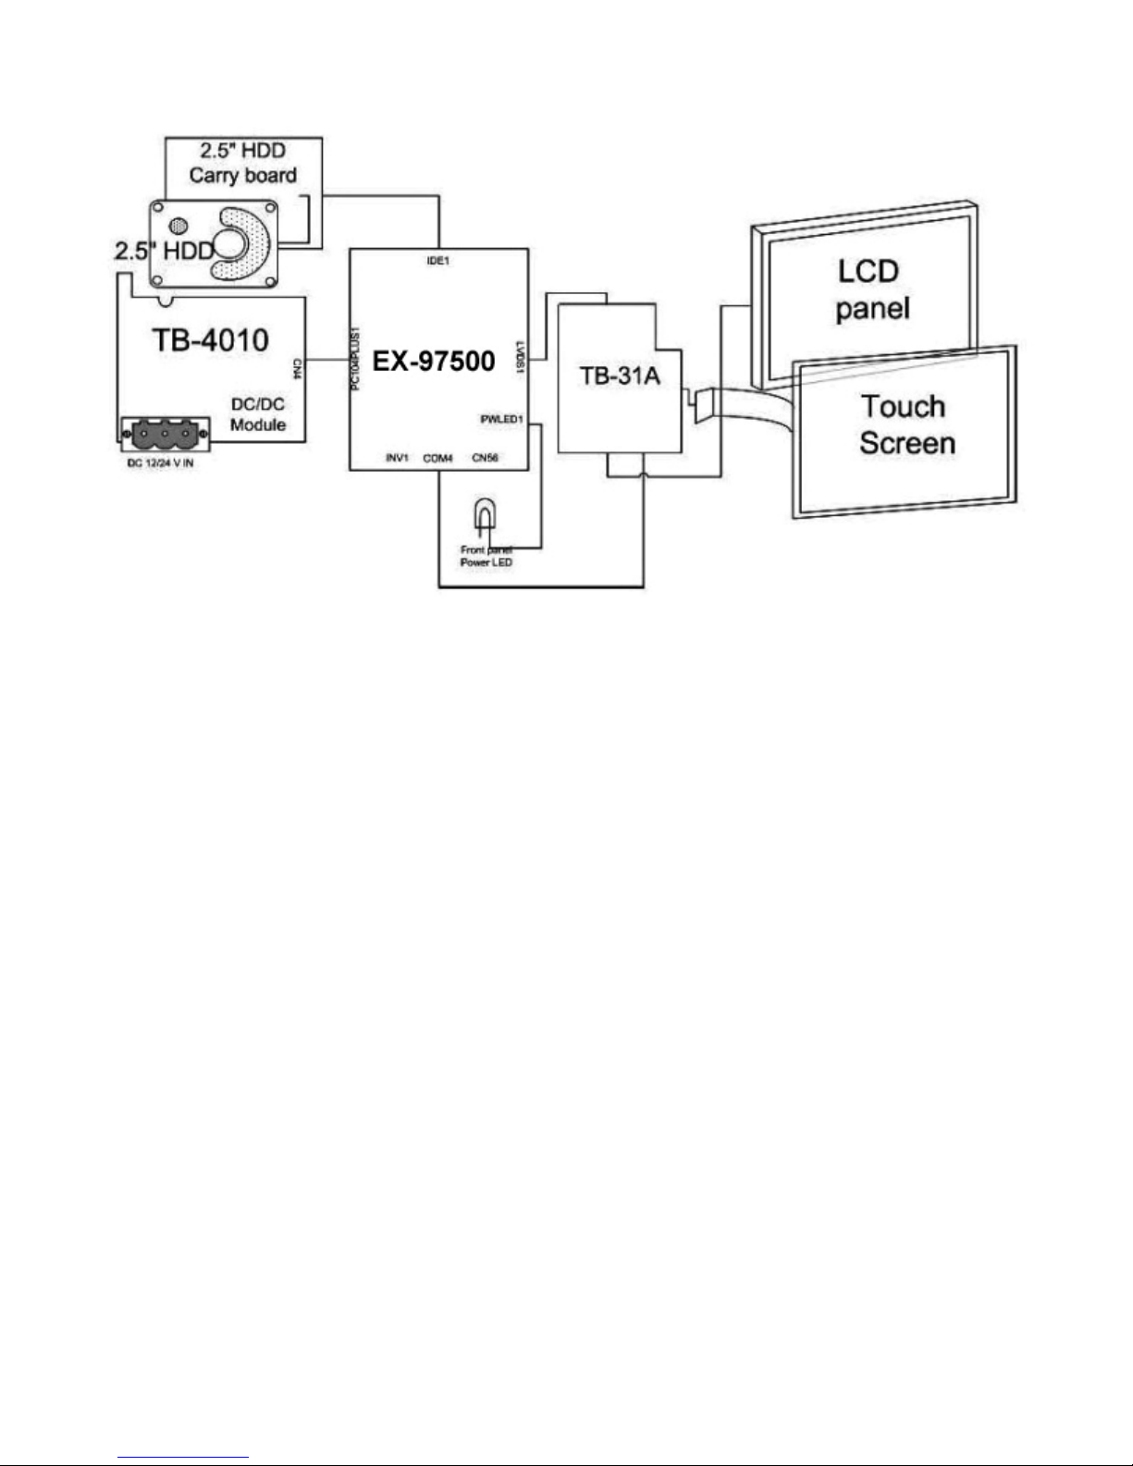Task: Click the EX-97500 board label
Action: pos(434,360)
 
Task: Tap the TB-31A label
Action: pos(620,377)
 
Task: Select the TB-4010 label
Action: pos(210,339)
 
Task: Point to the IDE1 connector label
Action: pos(437,262)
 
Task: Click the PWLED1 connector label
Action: pos(502,419)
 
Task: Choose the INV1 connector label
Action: pos(397,458)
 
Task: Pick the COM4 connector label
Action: pos(437,458)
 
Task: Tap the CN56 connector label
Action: pos(486,458)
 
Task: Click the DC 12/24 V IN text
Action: pos(159,462)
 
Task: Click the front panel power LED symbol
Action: pos(484,516)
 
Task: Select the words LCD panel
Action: pos(871,289)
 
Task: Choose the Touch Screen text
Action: pos(904,424)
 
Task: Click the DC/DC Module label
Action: pos(258,415)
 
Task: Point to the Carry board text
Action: pos(243,175)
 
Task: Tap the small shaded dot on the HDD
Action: pos(177,225)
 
